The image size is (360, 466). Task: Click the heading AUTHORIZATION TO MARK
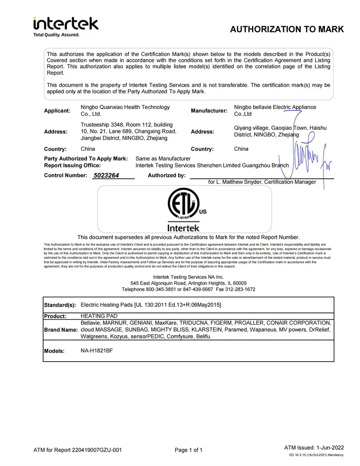(287, 30)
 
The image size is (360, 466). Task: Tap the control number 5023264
(106, 176)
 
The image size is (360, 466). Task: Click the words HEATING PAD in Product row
(96, 316)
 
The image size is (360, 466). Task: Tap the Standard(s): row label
(60, 305)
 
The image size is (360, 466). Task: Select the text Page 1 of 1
(189, 450)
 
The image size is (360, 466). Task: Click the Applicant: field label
(57, 111)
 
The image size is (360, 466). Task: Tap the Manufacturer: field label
(209, 111)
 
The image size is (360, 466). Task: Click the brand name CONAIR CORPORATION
(300, 323)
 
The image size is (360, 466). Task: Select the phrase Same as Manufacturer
(163, 158)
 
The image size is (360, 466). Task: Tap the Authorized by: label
(166, 176)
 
